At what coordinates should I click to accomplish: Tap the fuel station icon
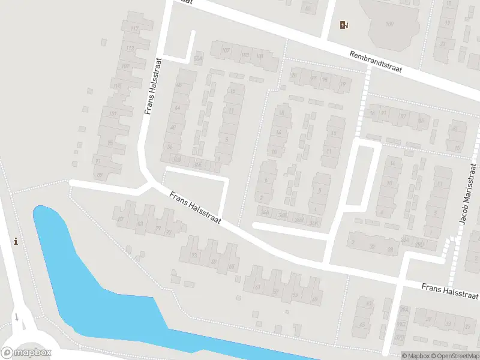click(x=344, y=25)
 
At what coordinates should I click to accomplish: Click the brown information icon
click(x=16, y=241)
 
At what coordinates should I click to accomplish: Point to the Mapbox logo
click(x=26, y=353)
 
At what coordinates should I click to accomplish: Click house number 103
click(x=245, y=55)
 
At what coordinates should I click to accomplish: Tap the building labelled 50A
click(x=199, y=59)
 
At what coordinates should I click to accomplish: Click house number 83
click(x=140, y=224)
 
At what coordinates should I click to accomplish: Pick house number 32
click(x=372, y=246)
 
